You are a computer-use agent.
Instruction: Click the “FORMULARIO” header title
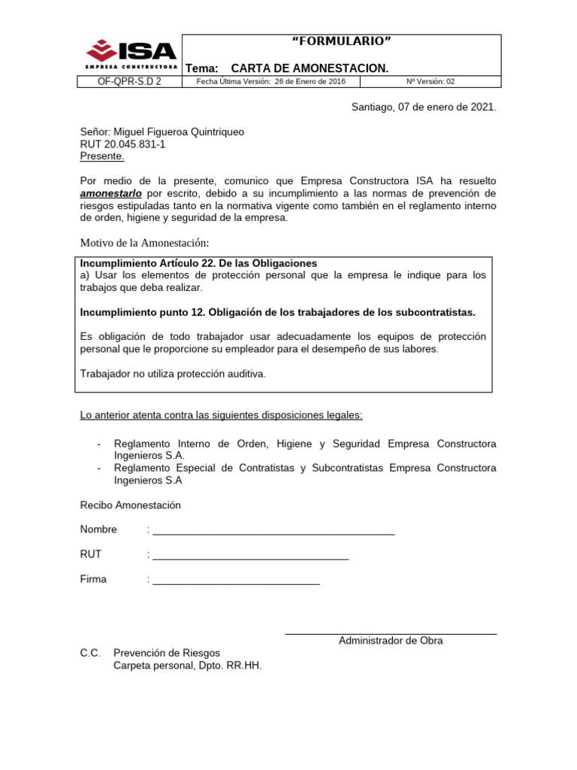(x=340, y=41)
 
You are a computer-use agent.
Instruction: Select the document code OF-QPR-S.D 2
(x=129, y=82)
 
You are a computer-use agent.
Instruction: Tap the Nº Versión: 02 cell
(x=430, y=82)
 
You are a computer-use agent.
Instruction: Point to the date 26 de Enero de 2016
(x=310, y=82)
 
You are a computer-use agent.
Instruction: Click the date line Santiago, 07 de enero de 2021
(x=424, y=108)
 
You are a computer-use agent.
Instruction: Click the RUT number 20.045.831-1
(x=122, y=144)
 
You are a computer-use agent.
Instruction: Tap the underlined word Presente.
(x=102, y=156)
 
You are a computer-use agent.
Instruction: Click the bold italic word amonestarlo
(x=106, y=193)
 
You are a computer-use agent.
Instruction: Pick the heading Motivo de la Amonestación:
(x=143, y=242)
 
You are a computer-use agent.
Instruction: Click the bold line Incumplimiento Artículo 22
(x=198, y=263)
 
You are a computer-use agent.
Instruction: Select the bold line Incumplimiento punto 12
(x=277, y=312)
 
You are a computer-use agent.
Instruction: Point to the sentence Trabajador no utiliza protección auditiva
(x=173, y=374)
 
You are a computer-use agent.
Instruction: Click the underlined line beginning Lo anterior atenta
(x=221, y=415)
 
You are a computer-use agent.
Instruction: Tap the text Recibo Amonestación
(x=130, y=505)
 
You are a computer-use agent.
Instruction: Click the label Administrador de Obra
(x=391, y=641)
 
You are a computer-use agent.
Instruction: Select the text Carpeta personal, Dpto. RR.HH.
(x=187, y=665)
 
